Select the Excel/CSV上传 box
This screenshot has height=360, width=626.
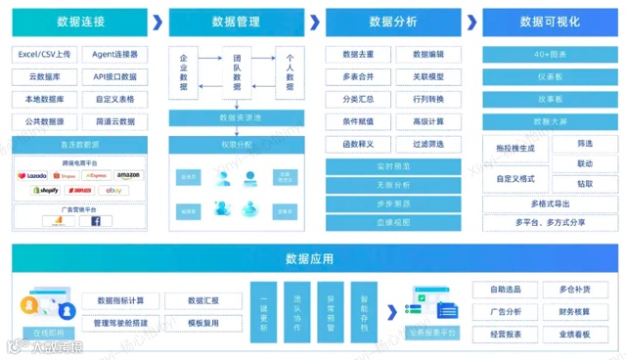point(44,55)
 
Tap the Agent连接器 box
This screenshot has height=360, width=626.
point(115,55)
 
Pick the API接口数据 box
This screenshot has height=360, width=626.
point(115,76)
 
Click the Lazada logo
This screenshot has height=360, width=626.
point(32,176)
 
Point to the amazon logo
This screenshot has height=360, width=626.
point(127,176)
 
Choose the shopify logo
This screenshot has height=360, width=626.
point(46,190)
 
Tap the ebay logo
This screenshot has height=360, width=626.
point(114,190)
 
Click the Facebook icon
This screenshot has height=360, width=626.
point(96,221)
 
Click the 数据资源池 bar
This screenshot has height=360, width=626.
point(236,117)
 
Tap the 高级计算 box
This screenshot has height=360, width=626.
point(428,121)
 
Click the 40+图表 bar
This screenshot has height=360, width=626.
point(549,55)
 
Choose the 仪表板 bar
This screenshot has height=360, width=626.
point(549,76)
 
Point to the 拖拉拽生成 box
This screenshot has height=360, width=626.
point(515,148)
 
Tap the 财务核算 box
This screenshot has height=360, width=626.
point(574,312)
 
